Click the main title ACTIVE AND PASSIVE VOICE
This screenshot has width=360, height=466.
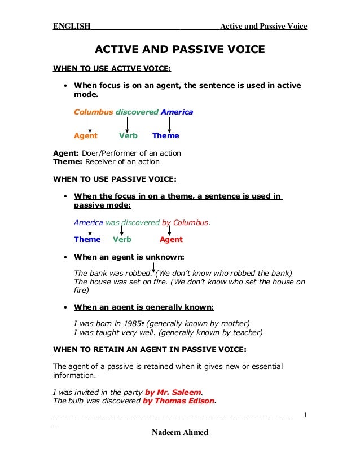[179, 50]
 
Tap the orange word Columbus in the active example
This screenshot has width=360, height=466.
[93, 112]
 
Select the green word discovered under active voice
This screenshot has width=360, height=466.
[137, 112]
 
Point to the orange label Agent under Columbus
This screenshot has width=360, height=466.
[85, 135]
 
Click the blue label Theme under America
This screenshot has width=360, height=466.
[165, 135]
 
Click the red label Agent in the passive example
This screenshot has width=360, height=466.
[171, 239]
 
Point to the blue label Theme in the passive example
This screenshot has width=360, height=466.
[87, 239]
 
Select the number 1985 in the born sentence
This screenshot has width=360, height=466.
[136, 323]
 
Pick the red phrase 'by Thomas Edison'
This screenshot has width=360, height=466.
[179, 401]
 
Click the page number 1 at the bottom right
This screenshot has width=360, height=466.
[305, 416]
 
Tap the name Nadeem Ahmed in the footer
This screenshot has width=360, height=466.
[180, 432]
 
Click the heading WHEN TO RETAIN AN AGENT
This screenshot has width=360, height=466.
[150, 349]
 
